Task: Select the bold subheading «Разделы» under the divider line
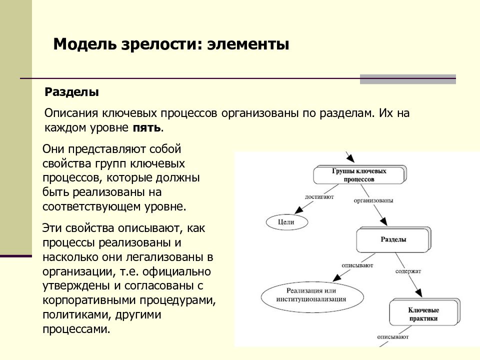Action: (71, 92)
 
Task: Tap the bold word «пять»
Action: (146, 127)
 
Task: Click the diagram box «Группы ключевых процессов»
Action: (359, 175)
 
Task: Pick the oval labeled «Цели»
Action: (286, 222)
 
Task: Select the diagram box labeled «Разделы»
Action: (393, 239)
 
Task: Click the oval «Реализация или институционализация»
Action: (312, 296)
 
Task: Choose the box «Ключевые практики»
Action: (424, 314)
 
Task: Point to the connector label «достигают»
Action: (319, 197)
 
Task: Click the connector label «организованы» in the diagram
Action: (373, 201)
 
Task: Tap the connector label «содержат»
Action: (408, 271)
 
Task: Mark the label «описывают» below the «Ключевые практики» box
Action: (393, 337)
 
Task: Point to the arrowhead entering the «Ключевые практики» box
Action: (418, 292)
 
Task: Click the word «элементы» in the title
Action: (248, 44)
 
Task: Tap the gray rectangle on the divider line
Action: (408, 79)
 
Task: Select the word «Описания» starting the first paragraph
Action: (71, 113)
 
